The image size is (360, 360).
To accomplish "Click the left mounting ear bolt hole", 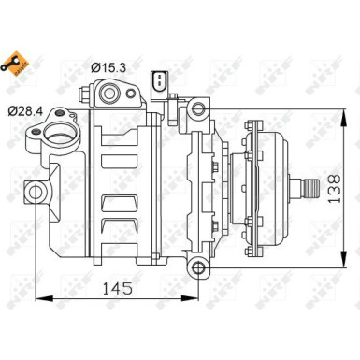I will (x=36, y=194).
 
